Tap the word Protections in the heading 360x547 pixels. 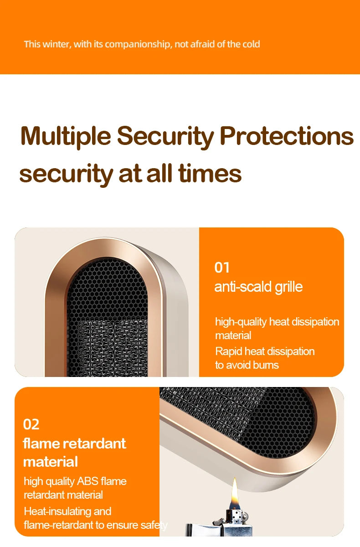tap(287, 136)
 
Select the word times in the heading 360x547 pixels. tap(210, 173)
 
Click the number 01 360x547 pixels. tap(222, 268)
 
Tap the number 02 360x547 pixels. tap(31, 424)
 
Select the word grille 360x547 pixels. tap(289, 287)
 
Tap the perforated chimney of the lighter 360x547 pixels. tap(234, 516)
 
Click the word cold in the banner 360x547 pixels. tap(251, 44)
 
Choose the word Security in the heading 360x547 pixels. tap(165, 137)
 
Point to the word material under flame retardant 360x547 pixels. tap(51, 462)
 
